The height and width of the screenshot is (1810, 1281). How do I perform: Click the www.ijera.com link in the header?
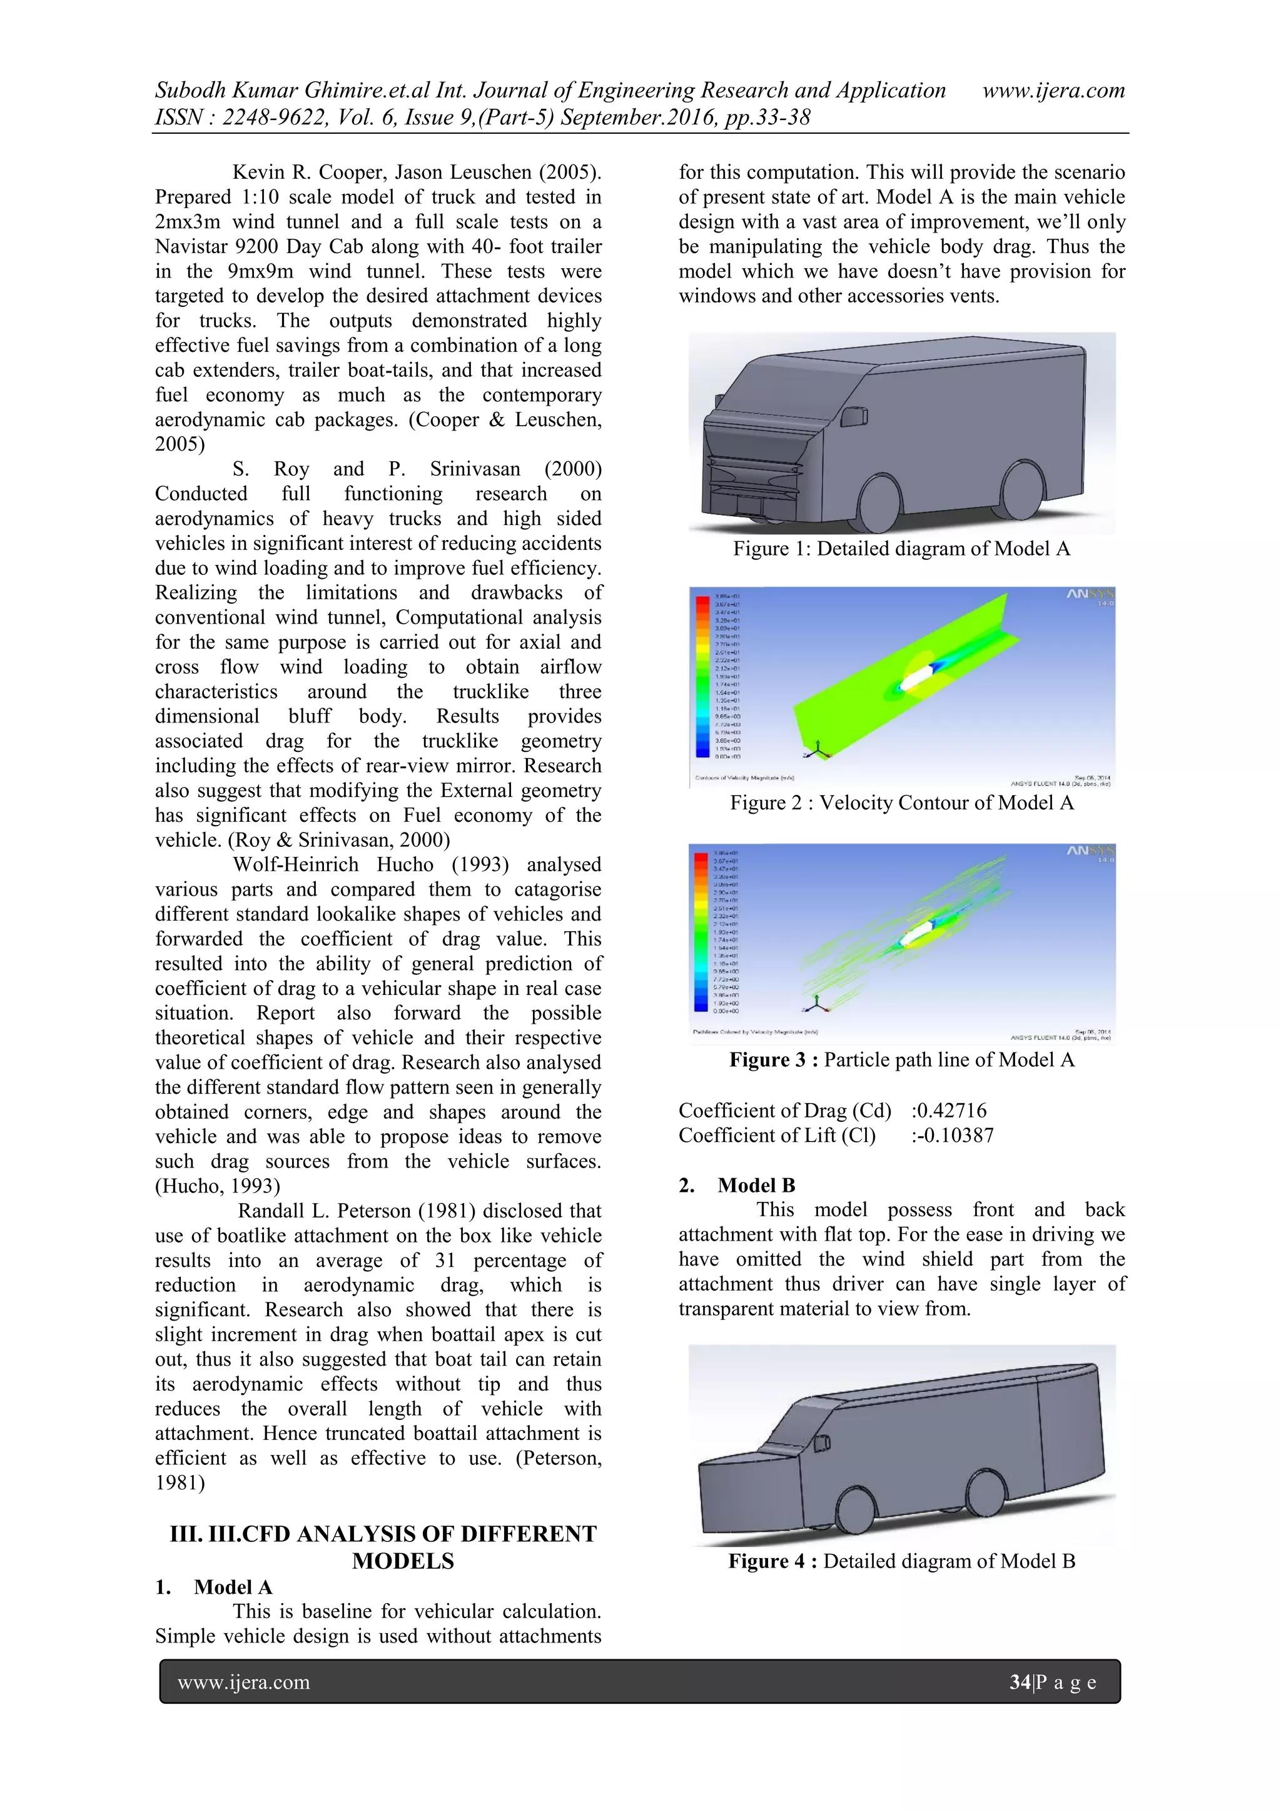[x=1053, y=91]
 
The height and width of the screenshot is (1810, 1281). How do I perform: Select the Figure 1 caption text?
[x=901, y=549]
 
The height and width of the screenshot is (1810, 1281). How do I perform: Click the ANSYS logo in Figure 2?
[x=1090, y=594]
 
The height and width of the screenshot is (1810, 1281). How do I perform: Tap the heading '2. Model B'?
[x=737, y=1185]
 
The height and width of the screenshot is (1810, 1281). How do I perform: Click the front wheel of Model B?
[x=853, y=1509]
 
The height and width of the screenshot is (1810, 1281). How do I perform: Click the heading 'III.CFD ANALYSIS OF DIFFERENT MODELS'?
[x=384, y=1547]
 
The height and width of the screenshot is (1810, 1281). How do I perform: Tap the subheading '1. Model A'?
[x=214, y=1587]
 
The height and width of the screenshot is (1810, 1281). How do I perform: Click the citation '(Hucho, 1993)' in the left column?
[x=218, y=1186]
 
